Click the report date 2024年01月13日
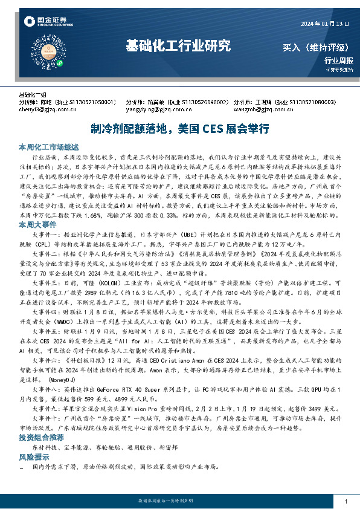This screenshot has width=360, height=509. pyautogui.click(x=325, y=24)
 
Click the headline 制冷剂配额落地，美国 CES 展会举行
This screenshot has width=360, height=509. pyautogui.click(x=179, y=129)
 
